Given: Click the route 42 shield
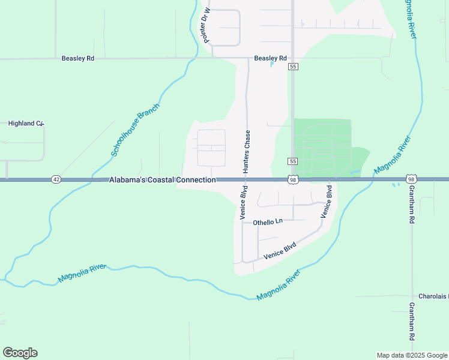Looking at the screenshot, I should (56, 179).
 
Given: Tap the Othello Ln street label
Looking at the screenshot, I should (268, 222).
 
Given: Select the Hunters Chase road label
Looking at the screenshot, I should (246, 152).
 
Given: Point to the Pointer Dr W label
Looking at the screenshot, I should (207, 26).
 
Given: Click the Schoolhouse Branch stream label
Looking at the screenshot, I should (136, 130).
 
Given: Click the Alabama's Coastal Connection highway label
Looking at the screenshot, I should (162, 180).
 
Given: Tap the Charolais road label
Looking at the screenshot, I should (432, 296).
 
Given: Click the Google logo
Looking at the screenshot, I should (20, 353).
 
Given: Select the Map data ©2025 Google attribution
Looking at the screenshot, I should (411, 355).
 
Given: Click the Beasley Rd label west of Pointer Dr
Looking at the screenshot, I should (78, 59).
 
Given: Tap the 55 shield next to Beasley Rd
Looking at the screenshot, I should (293, 67).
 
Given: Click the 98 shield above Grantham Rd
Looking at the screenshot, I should (411, 179).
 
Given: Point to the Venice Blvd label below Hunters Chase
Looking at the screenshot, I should (244, 206).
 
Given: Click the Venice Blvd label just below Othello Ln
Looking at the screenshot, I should (280, 251).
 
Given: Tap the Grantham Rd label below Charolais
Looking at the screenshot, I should (412, 322).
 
